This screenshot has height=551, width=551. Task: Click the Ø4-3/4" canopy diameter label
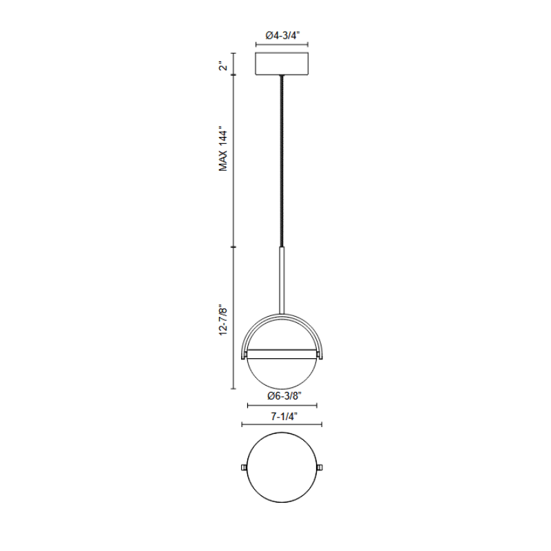(x=282, y=35)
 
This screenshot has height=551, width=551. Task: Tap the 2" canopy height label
(x=223, y=66)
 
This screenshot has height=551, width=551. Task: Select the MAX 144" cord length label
(x=223, y=148)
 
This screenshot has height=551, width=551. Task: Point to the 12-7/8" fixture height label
(x=223, y=321)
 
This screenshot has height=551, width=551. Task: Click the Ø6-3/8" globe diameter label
(x=284, y=396)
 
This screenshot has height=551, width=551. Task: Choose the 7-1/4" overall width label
(x=284, y=417)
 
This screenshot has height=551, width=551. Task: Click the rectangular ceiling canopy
(x=282, y=63)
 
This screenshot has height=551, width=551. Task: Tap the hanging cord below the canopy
(x=282, y=161)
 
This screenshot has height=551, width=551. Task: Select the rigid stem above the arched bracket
(x=282, y=280)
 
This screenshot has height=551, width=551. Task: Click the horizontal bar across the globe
(x=282, y=354)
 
